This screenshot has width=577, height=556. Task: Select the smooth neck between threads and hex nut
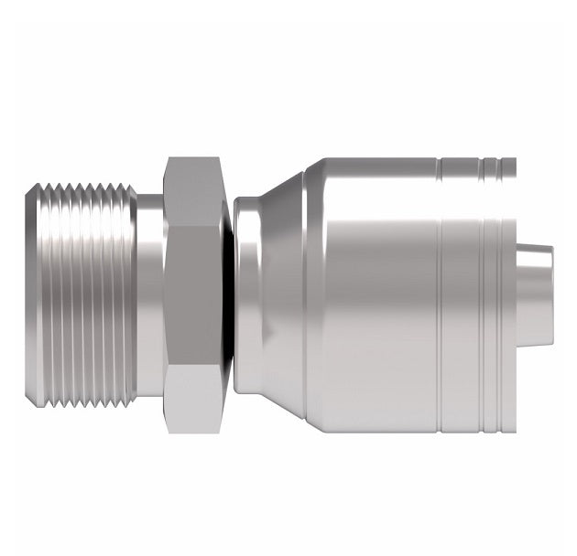point(150,293)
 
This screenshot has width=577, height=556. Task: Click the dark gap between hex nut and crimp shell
point(227,293)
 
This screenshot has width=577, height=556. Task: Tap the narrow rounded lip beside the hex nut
point(240,293)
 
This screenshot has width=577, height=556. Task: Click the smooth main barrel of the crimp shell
point(376,293)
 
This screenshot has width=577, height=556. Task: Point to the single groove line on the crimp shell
point(439,293)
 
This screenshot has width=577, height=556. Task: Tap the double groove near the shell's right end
point(485,293)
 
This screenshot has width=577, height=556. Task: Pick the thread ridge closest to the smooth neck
point(131,293)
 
